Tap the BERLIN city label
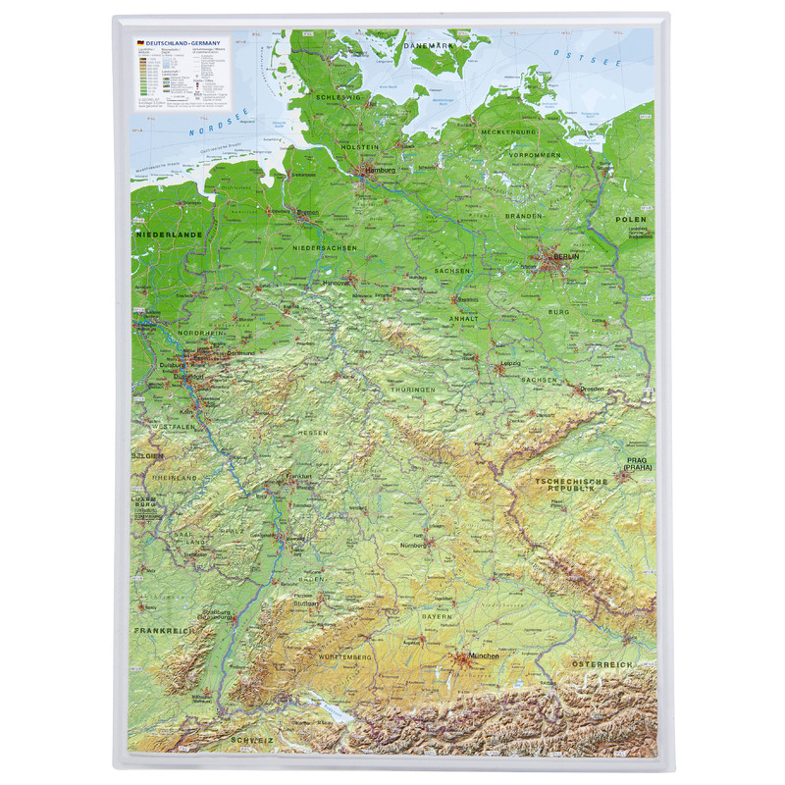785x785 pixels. pyautogui.click(x=566, y=256)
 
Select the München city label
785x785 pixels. pyautogui.click(x=484, y=655)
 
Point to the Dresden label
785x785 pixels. pyautogui.click(x=593, y=389)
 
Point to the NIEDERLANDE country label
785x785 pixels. pyautogui.click(x=169, y=236)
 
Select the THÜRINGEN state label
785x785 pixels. pyautogui.click(x=411, y=390)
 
